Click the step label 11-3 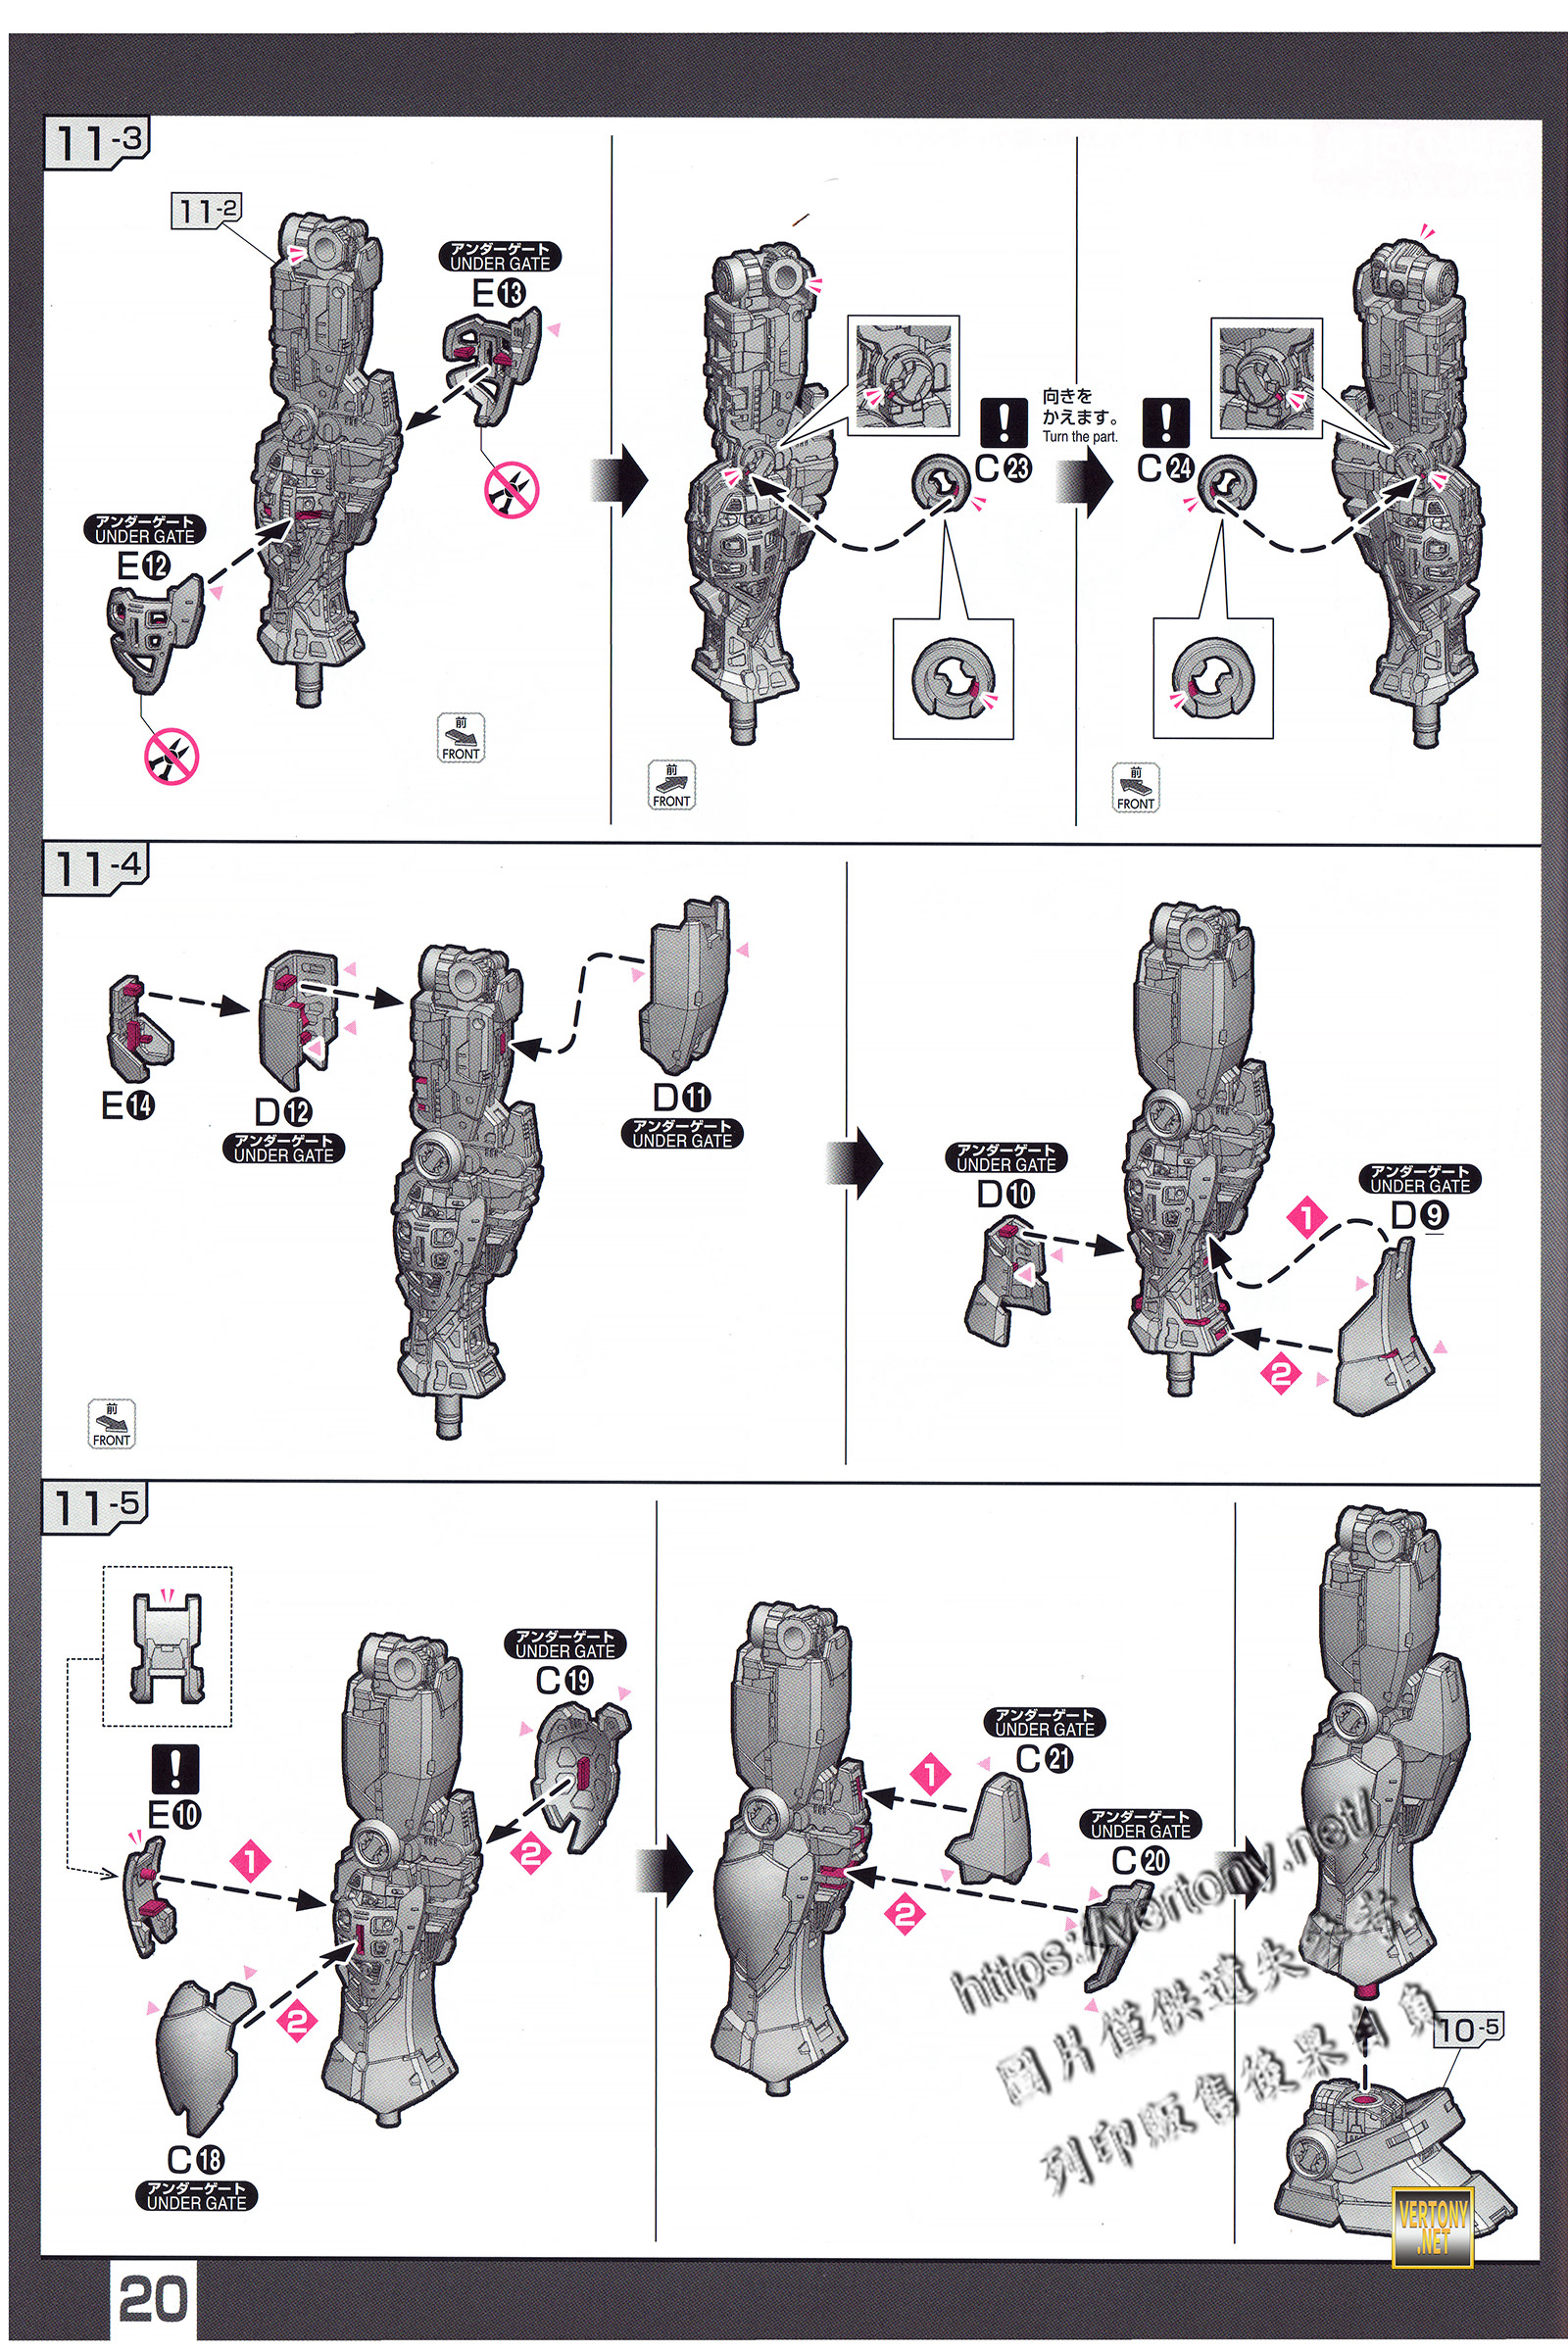tap(97, 142)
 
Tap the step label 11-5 tap(96, 1506)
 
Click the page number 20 tap(153, 2299)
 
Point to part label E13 tap(498, 293)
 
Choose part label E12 tap(144, 567)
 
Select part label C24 tap(1166, 467)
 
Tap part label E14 tap(128, 1105)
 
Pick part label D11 tap(681, 1097)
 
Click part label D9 tap(1419, 1215)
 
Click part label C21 tap(1044, 1758)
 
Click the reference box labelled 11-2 tap(206, 211)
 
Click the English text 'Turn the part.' tap(1080, 437)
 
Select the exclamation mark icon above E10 tap(175, 1769)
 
